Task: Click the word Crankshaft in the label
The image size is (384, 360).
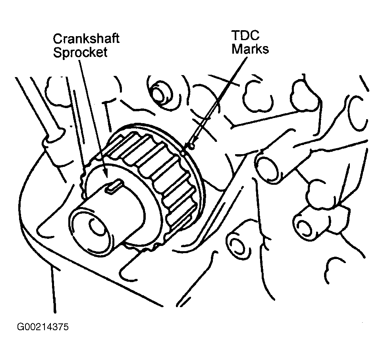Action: [86, 39]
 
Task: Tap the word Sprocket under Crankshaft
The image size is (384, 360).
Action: [80, 53]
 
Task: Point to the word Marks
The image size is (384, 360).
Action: [250, 49]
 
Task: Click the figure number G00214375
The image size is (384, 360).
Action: [43, 327]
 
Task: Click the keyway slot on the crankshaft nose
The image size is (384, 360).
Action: [114, 186]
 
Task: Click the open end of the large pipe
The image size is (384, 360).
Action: [266, 167]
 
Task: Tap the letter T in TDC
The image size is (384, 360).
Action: [236, 35]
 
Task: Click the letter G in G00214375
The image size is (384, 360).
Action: [21, 327]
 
